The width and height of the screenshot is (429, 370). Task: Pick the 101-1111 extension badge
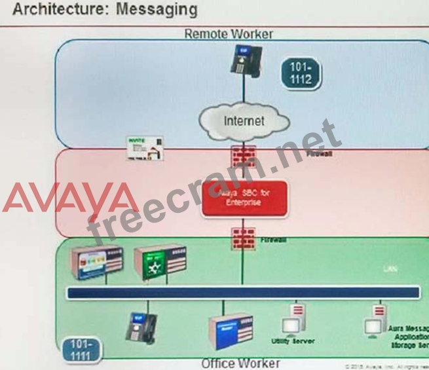pos(81,350)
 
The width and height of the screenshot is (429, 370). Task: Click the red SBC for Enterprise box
pos(244,197)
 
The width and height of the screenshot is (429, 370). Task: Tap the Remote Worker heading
pos(228,33)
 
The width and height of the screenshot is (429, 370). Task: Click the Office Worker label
pos(240,363)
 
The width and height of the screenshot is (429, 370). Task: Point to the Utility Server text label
pos(293,341)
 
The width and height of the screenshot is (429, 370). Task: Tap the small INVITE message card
pos(145,149)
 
